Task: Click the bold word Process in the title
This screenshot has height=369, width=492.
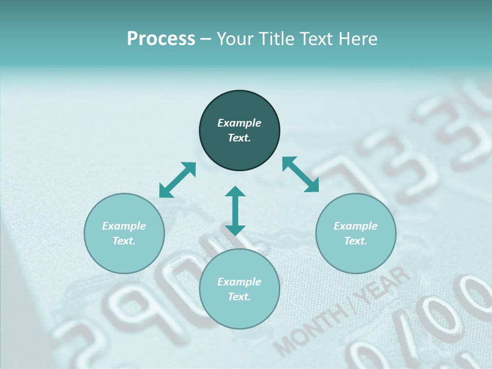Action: [161, 39]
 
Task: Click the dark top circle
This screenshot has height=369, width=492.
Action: [239, 131]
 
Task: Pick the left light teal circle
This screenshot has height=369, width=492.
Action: [124, 233]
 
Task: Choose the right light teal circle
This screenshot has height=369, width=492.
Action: [356, 233]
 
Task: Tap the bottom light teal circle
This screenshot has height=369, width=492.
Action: [239, 289]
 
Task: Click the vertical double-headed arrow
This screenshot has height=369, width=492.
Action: [235, 211]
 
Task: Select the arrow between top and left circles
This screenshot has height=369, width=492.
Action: [177, 180]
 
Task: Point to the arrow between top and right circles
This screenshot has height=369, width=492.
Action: [301, 174]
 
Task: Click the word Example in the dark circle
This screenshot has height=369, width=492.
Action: [239, 123]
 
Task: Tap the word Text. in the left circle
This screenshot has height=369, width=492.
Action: [124, 241]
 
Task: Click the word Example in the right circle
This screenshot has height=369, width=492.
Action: [356, 226]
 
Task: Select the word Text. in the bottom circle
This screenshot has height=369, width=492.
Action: [239, 297]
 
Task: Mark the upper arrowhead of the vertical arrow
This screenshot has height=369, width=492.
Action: [235, 192]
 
